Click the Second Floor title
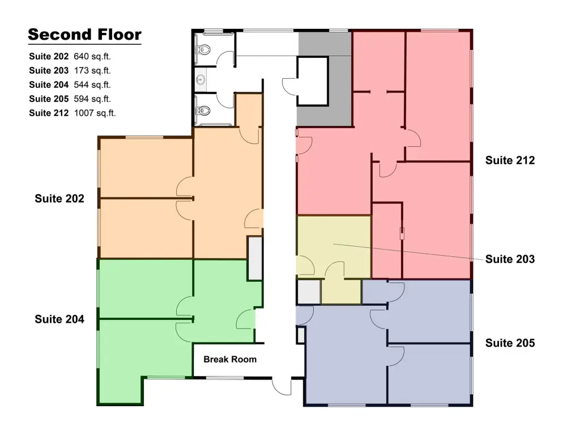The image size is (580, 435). [x=85, y=35]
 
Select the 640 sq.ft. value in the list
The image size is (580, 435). [x=92, y=56]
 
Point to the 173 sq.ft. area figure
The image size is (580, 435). [x=92, y=70]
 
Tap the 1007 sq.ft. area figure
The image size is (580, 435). [x=95, y=113]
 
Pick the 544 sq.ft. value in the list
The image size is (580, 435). [x=92, y=85]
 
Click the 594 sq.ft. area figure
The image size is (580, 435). [x=92, y=99]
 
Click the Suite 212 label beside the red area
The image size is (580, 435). [x=510, y=160]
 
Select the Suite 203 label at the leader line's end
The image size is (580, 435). [x=510, y=259]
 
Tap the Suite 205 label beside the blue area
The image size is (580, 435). [x=510, y=343]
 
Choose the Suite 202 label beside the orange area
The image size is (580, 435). [x=59, y=199]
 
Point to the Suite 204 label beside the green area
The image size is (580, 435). [x=59, y=319]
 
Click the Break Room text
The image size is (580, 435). [x=230, y=359]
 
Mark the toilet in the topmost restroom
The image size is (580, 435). [x=204, y=49]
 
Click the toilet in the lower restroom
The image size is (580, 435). [x=204, y=110]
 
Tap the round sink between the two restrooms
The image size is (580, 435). [x=201, y=79]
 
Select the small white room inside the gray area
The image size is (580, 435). [x=313, y=81]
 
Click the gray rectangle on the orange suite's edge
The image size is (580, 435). [x=255, y=258]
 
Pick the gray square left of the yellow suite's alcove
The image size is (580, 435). [x=309, y=292]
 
